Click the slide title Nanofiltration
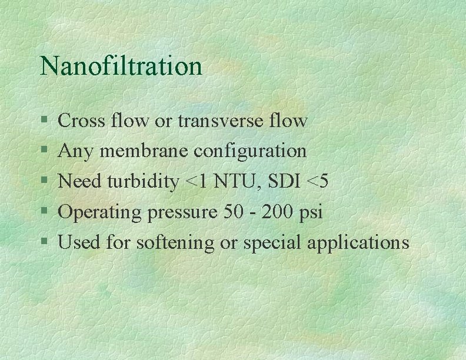(x=121, y=65)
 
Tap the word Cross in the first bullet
(x=81, y=121)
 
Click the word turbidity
(x=142, y=182)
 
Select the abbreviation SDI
(x=279, y=182)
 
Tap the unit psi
(x=311, y=212)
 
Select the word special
(x=271, y=243)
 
